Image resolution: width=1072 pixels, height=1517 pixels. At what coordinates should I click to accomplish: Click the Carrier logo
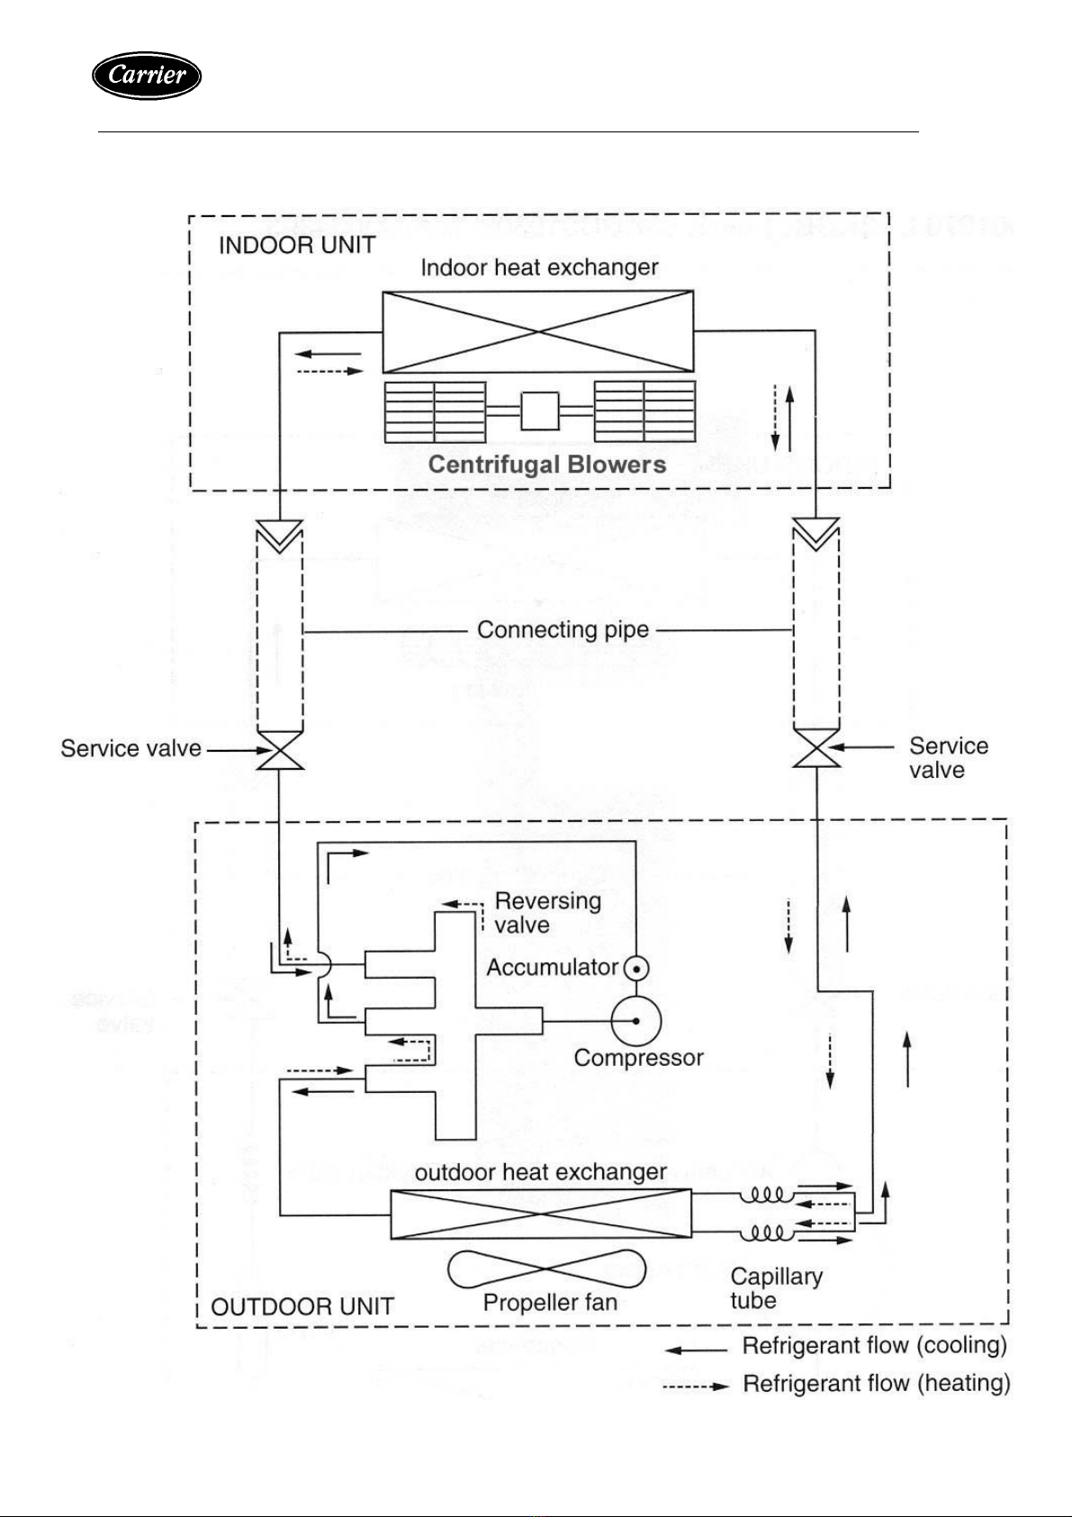click(147, 75)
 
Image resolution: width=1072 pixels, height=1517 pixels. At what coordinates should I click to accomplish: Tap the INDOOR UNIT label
click(297, 245)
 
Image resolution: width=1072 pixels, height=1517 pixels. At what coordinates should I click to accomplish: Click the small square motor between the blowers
click(540, 411)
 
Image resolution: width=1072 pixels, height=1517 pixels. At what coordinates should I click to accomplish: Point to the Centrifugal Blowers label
click(547, 465)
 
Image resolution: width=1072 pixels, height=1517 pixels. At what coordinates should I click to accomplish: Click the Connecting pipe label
click(563, 629)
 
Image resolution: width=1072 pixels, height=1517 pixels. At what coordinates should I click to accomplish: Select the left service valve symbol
click(280, 750)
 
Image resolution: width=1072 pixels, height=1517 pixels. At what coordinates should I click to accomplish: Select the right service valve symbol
click(816, 747)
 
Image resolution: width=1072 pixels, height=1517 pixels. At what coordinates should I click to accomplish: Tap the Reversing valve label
click(547, 912)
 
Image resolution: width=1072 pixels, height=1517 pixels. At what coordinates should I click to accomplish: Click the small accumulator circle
click(635, 969)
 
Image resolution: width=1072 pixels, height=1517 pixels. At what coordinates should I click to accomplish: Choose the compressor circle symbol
click(635, 1021)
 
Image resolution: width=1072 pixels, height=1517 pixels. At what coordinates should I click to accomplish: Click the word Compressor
click(638, 1058)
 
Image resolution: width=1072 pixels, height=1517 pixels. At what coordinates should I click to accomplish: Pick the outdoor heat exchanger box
click(541, 1214)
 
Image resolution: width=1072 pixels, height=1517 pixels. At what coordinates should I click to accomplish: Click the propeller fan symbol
click(546, 1269)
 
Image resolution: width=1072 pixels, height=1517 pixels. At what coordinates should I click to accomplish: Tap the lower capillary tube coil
click(766, 1233)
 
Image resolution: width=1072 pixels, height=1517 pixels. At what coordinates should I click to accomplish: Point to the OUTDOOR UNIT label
click(302, 1306)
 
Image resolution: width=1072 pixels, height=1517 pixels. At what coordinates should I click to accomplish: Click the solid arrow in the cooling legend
click(696, 1350)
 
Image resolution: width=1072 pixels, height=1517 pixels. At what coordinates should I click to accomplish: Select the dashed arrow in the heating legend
click(696, 1386)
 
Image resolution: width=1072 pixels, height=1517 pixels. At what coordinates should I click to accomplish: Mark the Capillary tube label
click(776, 1288)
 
